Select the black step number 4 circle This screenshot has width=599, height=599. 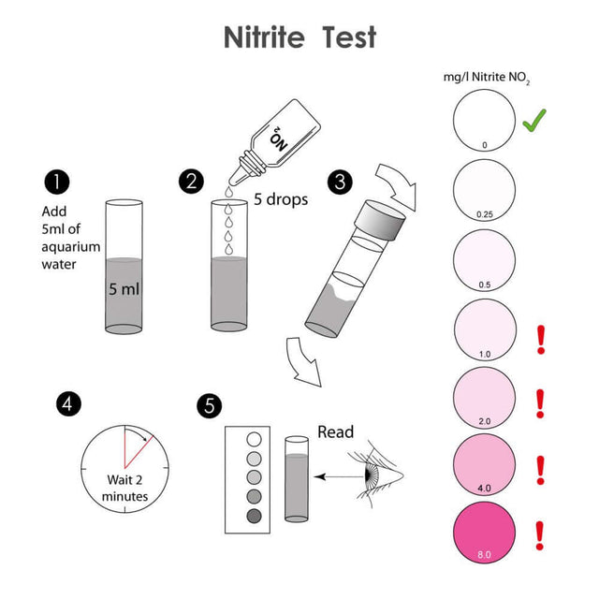[x=67, y=404]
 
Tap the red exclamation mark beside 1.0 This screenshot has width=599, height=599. [x=539, y=338]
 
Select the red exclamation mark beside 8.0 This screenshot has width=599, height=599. [x=539, y=535]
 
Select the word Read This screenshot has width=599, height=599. [x=336, y=431]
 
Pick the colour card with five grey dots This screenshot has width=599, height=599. [x=252, y=477]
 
